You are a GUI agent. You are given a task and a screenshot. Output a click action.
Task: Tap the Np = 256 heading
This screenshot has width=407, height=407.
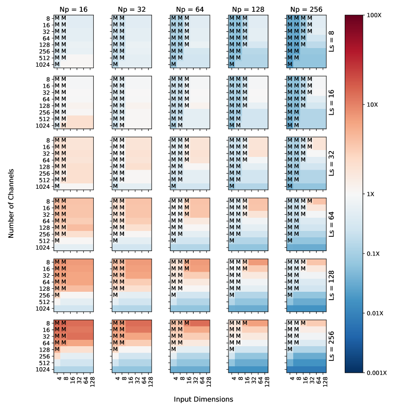coord(306,9)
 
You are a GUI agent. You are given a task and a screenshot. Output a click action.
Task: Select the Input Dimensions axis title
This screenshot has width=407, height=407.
coord(203,399)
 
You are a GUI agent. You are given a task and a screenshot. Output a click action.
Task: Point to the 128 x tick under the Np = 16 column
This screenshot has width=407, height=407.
coord(92,379)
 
